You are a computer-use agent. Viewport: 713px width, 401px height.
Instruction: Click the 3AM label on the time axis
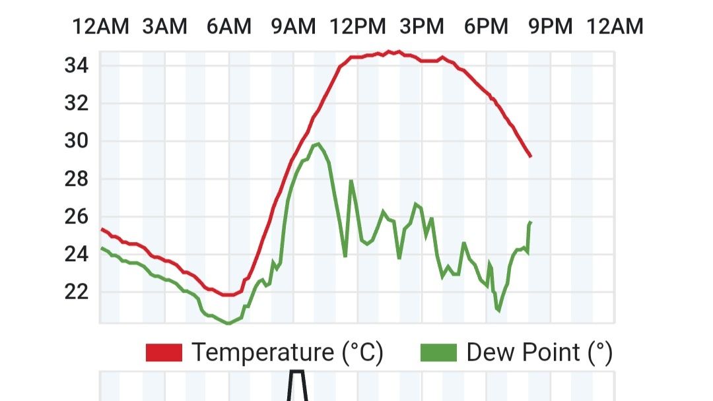tap(164, 27)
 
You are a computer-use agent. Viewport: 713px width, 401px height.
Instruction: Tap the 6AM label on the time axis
tap(229, 27)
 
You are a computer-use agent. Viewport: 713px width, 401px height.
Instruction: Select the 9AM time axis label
tap(293, 27)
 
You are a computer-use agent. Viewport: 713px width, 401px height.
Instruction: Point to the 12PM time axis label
tap(358, 27)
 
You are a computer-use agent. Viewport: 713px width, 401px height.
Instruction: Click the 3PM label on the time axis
tap(422, 27)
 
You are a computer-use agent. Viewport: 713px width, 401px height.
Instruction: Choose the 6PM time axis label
tap(486, 27)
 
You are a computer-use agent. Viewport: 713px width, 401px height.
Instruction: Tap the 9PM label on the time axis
tap(551, 27)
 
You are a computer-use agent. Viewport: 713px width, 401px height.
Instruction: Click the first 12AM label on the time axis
tap(100, 27)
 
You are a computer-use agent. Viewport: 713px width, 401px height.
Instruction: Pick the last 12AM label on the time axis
tap(615, 27)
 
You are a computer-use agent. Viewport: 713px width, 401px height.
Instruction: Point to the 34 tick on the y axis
tap(77, 66)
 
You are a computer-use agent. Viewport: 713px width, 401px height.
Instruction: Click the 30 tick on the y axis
tap(77, 141)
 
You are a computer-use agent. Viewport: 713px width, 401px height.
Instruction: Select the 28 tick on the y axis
tap(77, 179)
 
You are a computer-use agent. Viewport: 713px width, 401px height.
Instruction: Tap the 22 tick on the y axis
tap(77, 292)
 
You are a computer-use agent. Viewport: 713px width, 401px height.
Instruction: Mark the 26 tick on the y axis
tap(77, 216)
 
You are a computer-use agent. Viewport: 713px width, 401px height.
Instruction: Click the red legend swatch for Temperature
tap(164, 353)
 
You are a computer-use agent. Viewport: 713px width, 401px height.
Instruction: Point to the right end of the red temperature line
tap(530, 156)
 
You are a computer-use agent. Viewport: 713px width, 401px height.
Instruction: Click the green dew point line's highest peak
tap(319, 143)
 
